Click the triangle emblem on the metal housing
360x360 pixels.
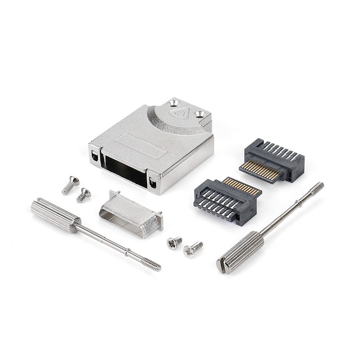(x=180, y=113)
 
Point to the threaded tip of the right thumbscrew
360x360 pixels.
(x=317, y=188)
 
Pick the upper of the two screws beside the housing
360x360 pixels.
(x=71, y=185)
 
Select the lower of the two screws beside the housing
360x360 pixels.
(x=83, y=195)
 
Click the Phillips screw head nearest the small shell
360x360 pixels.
(x=173, y=243)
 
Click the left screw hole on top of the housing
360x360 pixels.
(x=174, y=103)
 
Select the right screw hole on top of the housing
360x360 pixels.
(x=199, y=114)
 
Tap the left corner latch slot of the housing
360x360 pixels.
(x=94, y=156)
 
